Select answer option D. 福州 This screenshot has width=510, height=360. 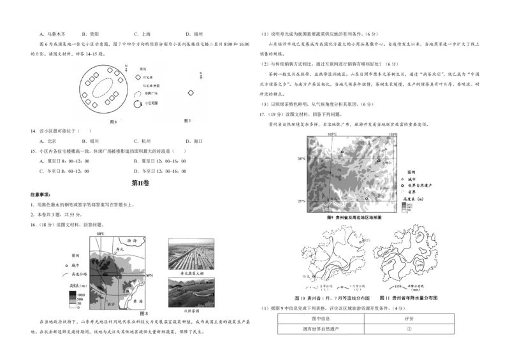point(194,33)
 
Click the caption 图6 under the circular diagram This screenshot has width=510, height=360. point(114,120)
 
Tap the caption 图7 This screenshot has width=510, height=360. point(187,120)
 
